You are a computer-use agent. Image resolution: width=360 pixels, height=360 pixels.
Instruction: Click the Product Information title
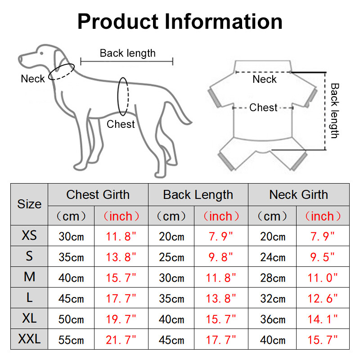pyautogui.click(x=180, y=21)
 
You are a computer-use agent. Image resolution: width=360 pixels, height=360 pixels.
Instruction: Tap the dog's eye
pyautogui.click(x=41, y=53)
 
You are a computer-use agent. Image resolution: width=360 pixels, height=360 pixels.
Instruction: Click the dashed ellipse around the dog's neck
pyautogui.click(x=62, y=72)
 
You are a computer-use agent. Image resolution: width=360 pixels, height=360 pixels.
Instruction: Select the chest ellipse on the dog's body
pyautogui.click(x=124, y=96)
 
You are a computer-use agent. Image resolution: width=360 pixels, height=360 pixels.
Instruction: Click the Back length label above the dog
pyautogui.click(x=127, y=53)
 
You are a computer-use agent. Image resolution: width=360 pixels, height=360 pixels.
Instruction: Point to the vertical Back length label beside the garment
pyautogui.click(x=334, y=110)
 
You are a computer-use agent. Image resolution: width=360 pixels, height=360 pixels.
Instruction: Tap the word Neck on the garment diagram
pyautogui.click(x=265, y=80)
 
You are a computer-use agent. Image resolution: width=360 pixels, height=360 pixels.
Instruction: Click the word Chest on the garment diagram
pyautogui.click(x=263, y=108)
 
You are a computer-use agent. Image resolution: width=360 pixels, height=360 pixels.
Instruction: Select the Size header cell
pyautogui.click(x=29, y=204)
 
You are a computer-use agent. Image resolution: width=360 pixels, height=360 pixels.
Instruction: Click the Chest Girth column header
pyautogui.click(x=98, y=195)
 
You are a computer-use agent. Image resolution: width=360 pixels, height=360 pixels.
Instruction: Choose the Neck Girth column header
pyautogui.click(x=298, y=195)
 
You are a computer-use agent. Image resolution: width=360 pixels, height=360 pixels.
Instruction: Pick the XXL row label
pyautogui.click(x=29, y=339)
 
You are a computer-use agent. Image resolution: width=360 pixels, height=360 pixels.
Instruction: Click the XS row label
pyautogui.click(x=29, y=235)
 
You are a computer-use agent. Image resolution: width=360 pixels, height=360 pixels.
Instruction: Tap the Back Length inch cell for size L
pyautogui.click(x=220, y=299)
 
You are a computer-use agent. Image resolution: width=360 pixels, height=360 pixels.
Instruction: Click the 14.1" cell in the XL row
pyautogui.click(x=322, y=319)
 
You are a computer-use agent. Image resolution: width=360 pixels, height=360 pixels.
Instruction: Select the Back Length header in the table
pyautogui.click(x=198, y=195)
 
